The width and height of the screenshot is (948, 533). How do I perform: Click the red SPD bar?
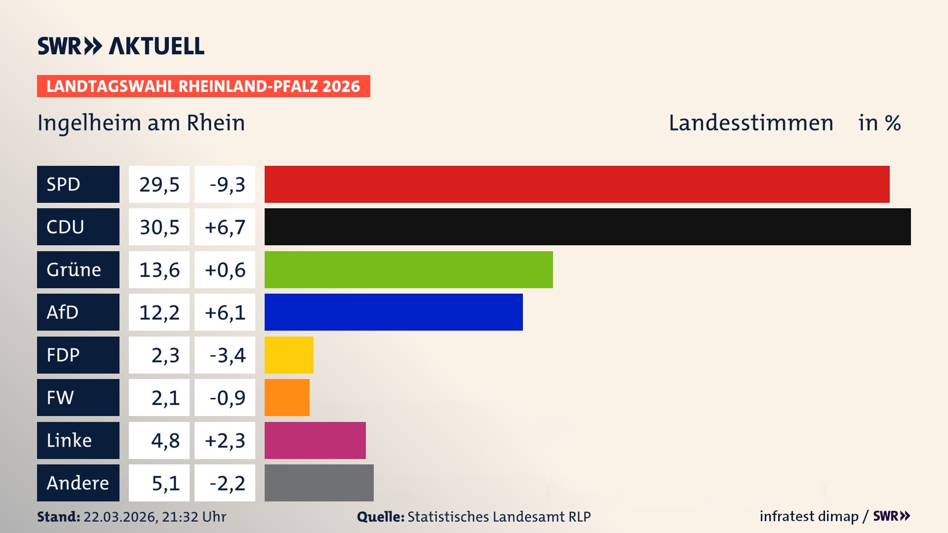tap(577, 184)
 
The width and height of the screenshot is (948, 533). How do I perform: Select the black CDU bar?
tap(588, 227)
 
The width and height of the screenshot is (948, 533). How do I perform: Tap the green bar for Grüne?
tap(408, 269)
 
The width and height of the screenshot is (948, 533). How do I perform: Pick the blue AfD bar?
tap(394, 312)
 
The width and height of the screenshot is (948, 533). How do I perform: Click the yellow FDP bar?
tap(289, 355)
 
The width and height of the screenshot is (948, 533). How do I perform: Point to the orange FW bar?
tap(287, 397)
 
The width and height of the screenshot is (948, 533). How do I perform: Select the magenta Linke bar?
tap(315, 440)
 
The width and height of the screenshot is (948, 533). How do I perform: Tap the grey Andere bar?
tap(319, 483)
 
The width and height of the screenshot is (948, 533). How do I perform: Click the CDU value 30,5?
tap(159, 227)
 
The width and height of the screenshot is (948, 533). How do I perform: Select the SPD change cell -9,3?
tap(225, 185)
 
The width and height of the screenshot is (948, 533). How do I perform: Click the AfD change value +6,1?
tap(225, 312)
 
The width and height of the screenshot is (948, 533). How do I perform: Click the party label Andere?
tap(78, 483)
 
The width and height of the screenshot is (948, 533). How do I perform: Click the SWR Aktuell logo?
tap(120, 46)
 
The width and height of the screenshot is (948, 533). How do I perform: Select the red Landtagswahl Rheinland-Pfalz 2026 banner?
tap(203, 86)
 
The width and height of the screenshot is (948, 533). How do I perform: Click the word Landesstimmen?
tap(750, 123)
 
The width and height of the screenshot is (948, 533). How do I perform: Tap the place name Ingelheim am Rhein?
tap(141, 123)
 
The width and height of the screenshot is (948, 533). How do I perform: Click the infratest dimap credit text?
tap(809, 516)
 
